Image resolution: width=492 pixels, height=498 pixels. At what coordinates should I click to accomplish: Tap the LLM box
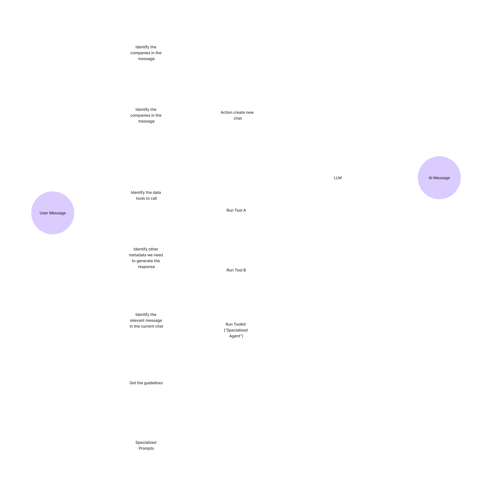(338, 178)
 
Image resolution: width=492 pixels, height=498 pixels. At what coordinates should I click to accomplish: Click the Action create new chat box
(237, 115)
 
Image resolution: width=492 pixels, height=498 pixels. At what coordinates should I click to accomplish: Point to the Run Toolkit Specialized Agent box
(236, 330)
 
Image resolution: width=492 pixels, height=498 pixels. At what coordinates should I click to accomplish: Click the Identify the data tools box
(146, 195)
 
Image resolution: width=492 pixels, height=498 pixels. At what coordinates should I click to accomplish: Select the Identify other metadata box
(146, 258)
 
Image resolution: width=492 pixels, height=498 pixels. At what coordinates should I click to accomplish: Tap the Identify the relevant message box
(146, 320)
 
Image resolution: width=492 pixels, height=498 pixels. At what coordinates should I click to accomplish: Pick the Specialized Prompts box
(146, 445)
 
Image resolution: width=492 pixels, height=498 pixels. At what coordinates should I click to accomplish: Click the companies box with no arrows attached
(146, 53)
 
